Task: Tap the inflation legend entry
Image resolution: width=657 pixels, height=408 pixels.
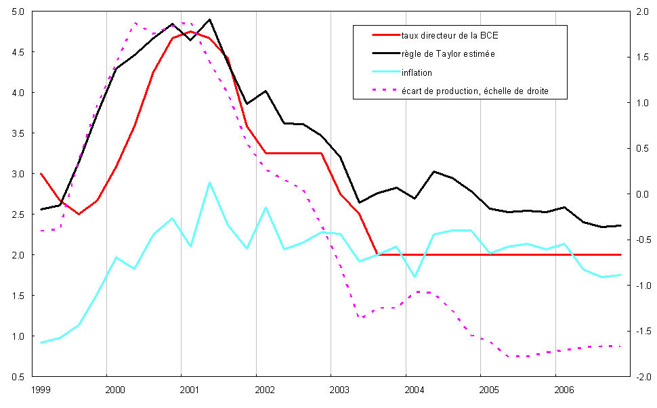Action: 416,72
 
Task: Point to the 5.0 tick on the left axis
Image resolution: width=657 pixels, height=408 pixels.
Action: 18,12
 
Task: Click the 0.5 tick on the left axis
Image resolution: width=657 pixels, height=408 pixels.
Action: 18,377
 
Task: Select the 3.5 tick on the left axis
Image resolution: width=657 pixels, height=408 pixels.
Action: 18,133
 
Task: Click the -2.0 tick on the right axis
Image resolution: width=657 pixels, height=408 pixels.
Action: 640,377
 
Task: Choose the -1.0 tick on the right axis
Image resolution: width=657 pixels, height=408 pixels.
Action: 640,286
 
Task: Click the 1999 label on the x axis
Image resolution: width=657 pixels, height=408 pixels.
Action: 40,390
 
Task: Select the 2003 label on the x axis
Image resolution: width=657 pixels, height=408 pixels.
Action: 339,390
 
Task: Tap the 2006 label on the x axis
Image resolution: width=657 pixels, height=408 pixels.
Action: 564,390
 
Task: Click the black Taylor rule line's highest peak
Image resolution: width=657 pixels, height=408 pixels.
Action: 210,20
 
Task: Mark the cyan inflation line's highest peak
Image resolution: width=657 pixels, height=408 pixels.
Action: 210,183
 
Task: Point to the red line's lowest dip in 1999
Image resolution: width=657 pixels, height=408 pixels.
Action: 79,214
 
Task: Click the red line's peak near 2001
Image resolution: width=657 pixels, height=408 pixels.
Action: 191,32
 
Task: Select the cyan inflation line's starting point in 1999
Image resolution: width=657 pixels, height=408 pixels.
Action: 41,342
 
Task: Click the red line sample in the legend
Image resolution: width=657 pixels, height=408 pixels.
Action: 383,35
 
